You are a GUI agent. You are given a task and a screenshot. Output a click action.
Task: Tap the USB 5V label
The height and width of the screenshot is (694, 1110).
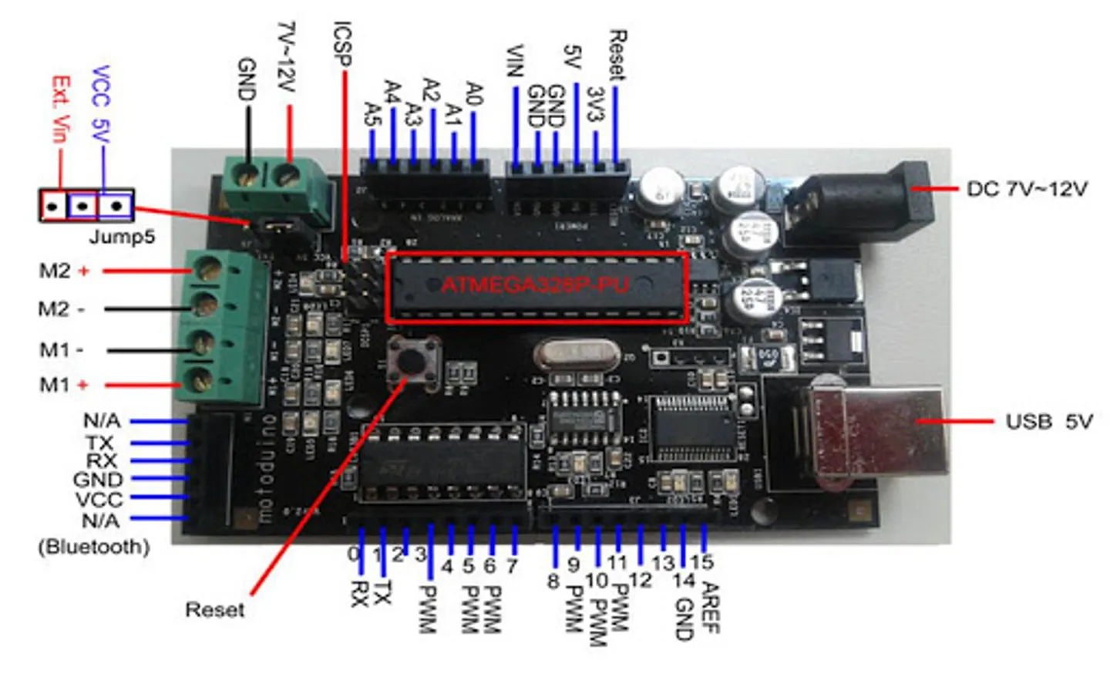click(x=1048, y=422)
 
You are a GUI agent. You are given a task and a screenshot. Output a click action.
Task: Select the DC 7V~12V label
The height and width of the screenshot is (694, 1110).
click(x=1027, y=189)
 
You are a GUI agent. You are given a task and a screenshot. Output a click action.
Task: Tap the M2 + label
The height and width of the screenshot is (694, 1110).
click(x=64, y=271)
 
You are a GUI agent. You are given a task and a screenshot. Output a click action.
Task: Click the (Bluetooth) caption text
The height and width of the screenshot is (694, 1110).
click(x=93, y=547)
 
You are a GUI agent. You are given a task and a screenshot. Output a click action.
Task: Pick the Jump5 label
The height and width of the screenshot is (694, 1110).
click(x=122, y=236)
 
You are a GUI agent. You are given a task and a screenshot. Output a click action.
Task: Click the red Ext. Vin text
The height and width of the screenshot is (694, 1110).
click(x=60, y=109)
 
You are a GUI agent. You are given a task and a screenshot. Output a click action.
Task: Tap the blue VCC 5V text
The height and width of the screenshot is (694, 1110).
click(x=101, y=104)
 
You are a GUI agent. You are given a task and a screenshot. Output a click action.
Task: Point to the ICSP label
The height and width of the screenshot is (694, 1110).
click(x=342, y=43)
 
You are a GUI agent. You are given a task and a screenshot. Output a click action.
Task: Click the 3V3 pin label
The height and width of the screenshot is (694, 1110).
click(x=594, y=103)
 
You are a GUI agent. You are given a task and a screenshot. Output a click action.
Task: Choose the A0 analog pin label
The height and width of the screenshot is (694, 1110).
click(x=474, y=94)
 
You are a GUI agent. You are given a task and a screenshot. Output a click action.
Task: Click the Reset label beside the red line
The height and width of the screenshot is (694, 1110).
click(x=214, y=610)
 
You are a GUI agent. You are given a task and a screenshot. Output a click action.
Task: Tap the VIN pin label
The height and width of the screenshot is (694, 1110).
click(x=515, y=61)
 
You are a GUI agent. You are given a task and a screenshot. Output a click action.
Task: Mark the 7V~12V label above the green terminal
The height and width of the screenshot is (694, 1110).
click(x=286, y=56)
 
